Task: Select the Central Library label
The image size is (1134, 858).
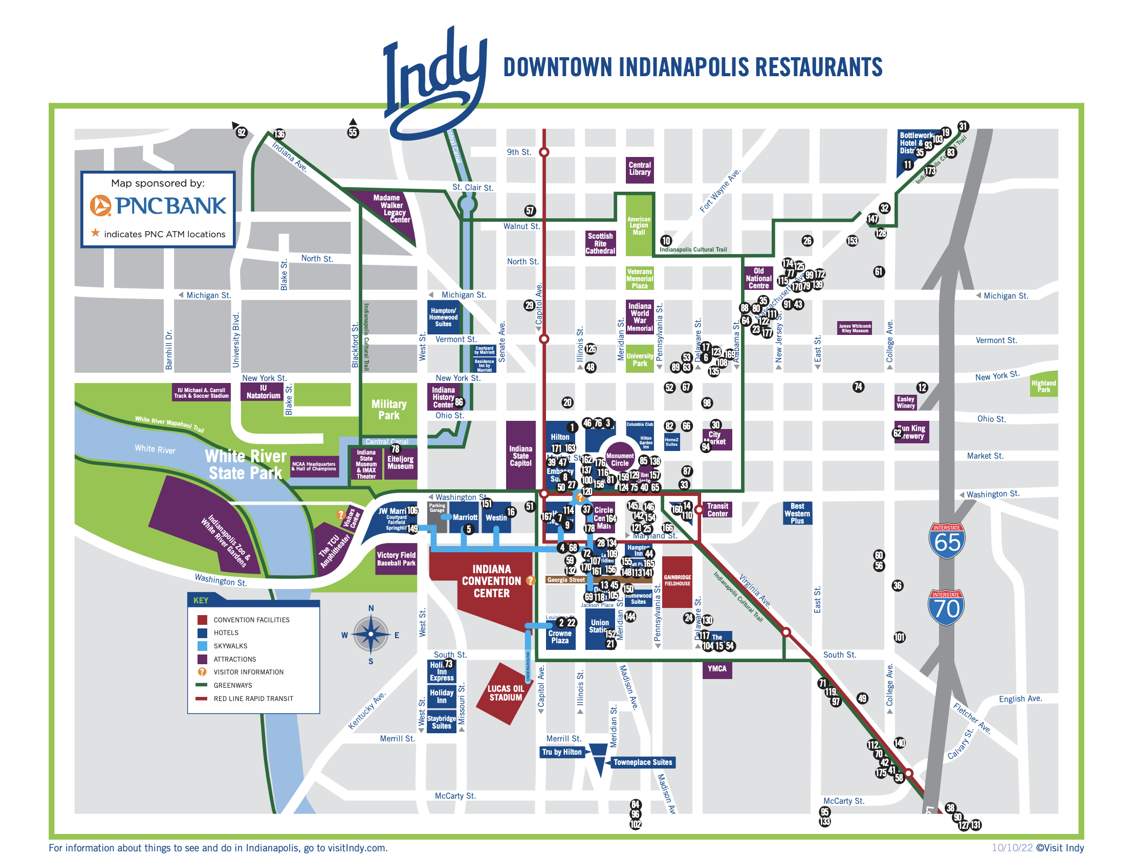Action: [640, 169]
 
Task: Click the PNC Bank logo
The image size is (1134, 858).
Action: [158, 206]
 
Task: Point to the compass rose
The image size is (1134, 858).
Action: [370, 635]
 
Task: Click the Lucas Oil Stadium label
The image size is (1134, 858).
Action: [506, 693]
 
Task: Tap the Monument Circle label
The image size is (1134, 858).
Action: [620, 459]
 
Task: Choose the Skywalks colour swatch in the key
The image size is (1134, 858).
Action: [203, 646]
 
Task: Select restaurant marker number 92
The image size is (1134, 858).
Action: [242, 132]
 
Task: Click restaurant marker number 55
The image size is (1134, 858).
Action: [353, 132]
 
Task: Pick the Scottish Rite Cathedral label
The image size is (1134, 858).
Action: [600, 243]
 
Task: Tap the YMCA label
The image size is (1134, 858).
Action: [717, 668]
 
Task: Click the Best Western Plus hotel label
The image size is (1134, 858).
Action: [797, 513]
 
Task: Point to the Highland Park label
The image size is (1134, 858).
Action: [1044, 386]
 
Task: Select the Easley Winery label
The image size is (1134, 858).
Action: [906, 402]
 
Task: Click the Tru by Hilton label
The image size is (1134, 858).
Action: [562, 752]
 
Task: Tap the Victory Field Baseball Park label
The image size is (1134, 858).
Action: [396, 559]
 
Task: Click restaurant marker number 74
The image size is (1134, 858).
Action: [858, 387]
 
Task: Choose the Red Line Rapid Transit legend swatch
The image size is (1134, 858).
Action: [203, 698]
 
